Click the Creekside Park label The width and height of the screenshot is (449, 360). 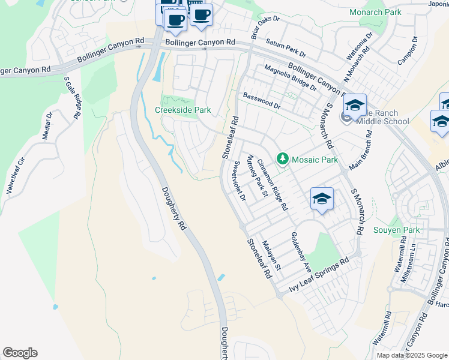183,110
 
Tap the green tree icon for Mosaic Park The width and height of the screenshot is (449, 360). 283,159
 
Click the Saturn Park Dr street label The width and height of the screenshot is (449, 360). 286,45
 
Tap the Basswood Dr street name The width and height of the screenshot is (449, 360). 262,100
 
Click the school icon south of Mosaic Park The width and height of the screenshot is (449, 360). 322,199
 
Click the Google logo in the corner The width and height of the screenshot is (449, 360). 20,353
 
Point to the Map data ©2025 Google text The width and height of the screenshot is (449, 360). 412,355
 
